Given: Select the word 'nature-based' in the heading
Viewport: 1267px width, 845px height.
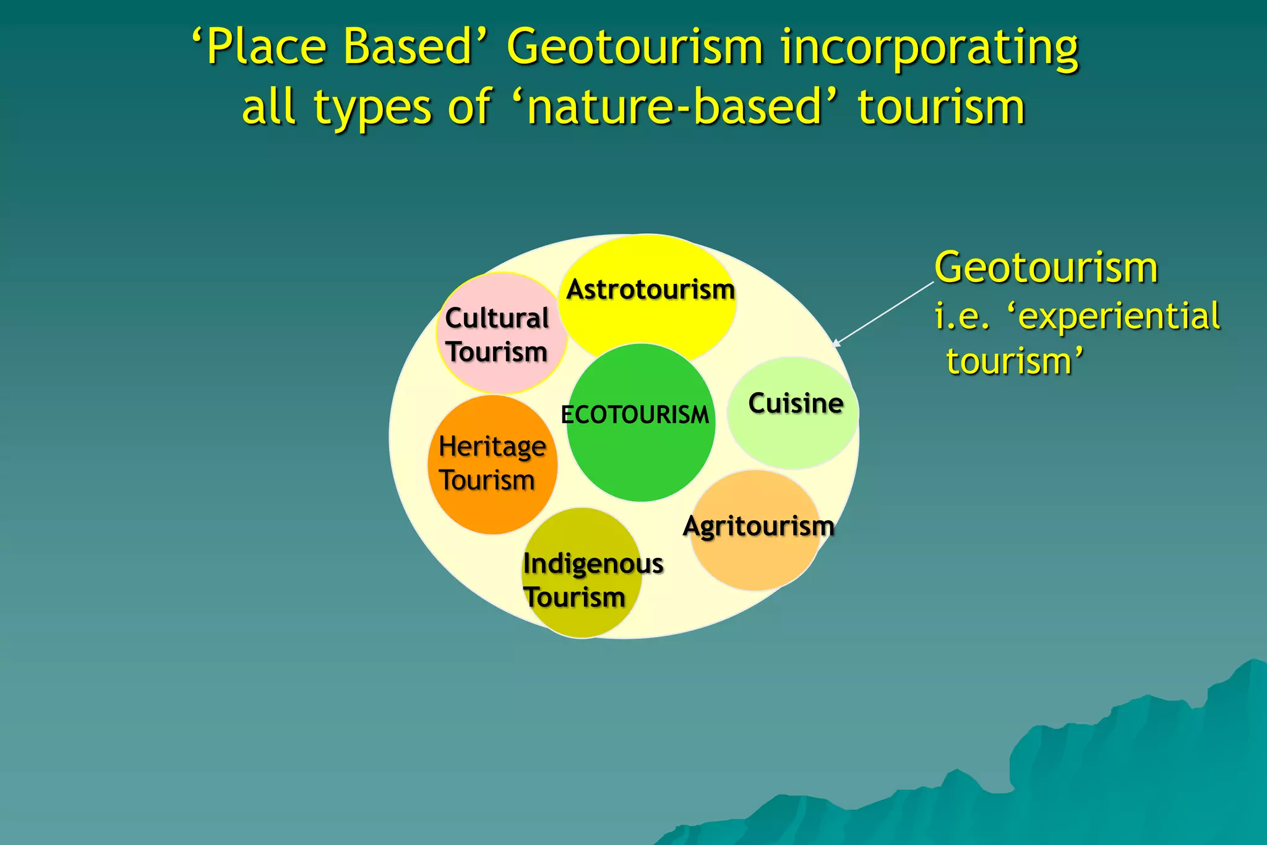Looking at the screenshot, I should (x=675, y=106).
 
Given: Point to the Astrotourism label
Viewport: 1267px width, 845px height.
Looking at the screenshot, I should (x=650, y=290).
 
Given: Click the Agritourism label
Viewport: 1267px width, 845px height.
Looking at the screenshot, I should (x=758, y=526).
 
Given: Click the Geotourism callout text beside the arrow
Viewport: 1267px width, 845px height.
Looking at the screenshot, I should (x=1046, y=268).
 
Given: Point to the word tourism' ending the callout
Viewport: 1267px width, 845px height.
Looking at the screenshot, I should (x=1015, y=361).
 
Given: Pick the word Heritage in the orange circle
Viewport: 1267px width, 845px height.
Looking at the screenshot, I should (x=492, y=447).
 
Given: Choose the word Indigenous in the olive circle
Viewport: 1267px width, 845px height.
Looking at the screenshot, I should (x=593, y=564).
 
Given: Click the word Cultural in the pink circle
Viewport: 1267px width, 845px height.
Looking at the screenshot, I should (x=497, y=319).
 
